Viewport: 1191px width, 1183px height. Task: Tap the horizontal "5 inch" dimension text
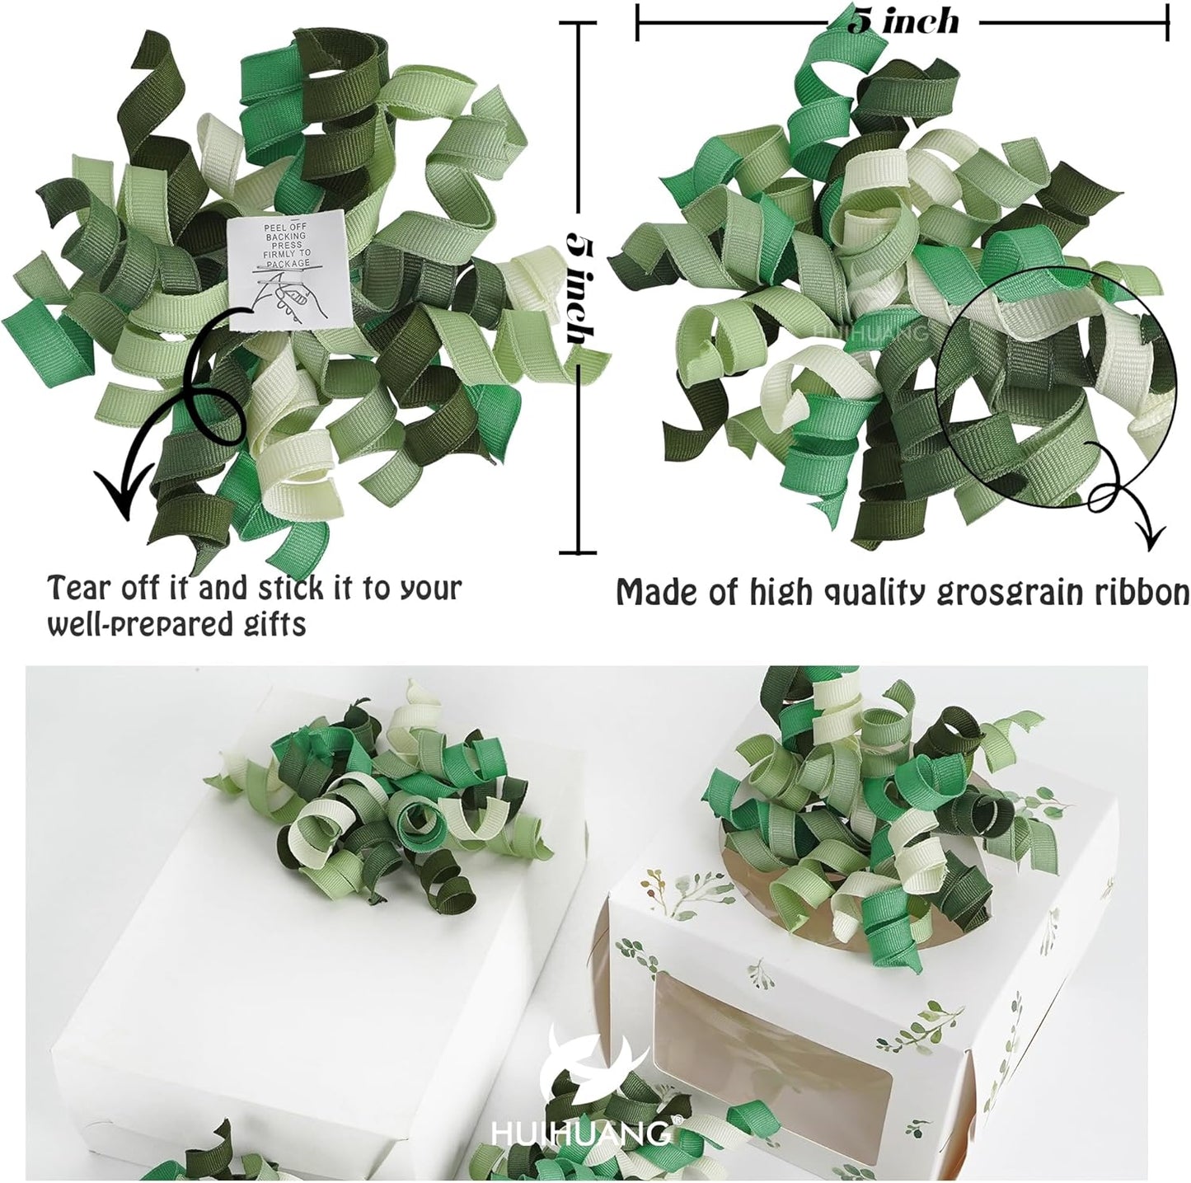[903, 20]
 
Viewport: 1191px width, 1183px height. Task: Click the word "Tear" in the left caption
[79, 588]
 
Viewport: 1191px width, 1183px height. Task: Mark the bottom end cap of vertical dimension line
[581, 552]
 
